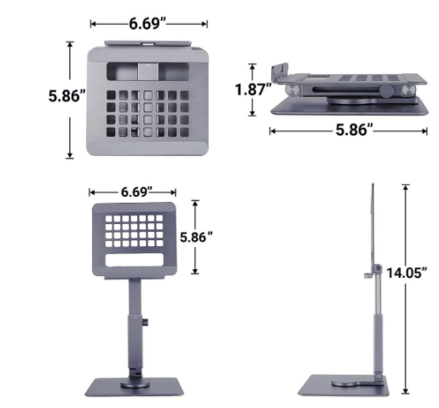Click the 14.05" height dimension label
click(x=407, y=273)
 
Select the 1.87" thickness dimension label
click(x=253, y=89)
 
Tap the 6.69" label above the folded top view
click(x=147, y=23)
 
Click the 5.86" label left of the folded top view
click(x=67, y=95)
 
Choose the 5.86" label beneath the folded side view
click(x=354, y=130)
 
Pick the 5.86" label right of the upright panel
click(x=196, y=237)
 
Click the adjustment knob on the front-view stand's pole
click(x=146, y=322)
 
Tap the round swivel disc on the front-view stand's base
click(x=135, y=385)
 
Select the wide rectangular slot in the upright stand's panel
click(x=135, y=260)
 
